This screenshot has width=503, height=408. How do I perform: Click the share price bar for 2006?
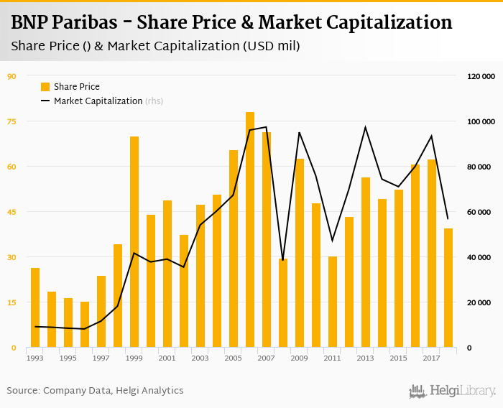tap(250, 230)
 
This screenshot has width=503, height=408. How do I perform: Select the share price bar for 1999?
tap(134, 242)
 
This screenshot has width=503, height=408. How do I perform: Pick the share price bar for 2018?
tap(448, 288)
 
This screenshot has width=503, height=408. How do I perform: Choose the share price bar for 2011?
tap(333, 302)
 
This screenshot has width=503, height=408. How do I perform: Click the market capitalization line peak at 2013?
tap(365, 127)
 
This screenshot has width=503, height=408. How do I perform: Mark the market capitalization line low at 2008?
tap(282, 260)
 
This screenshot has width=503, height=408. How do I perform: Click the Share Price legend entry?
tap(70, 87)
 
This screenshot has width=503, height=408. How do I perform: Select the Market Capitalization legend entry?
tap(98, 101)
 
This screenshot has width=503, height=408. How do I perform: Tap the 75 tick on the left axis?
tap(11, 121)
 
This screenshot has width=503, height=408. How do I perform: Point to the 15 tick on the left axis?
tap(11, 302)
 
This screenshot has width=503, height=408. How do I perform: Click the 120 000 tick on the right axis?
tap(481, 76)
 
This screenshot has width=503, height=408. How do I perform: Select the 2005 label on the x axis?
tap(233, 358)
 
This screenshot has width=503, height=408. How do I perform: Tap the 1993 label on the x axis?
tap(34, 358)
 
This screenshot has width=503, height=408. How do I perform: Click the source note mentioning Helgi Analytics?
tap(95, 391)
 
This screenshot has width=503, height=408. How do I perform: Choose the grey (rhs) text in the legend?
tap(154, 101)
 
